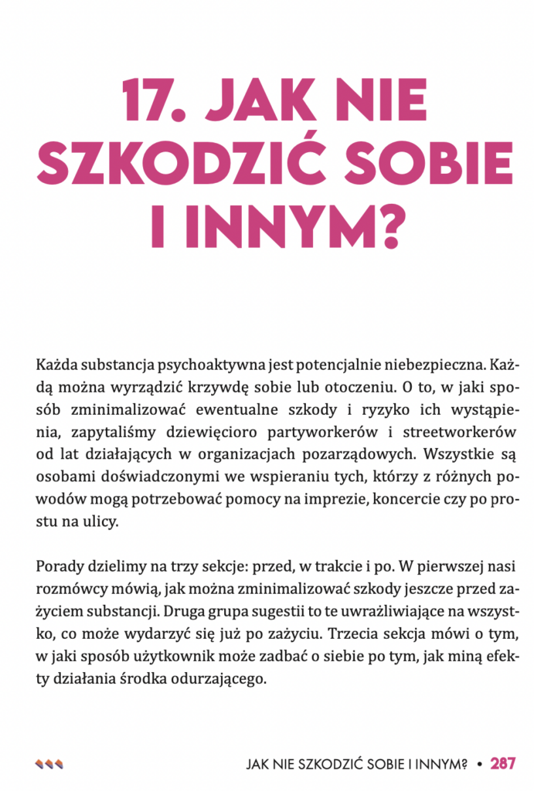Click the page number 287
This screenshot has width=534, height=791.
point(502,764)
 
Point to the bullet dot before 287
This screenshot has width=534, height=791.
point(480,764)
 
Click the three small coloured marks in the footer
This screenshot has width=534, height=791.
point(49,764)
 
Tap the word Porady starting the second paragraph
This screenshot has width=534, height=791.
point(58,567)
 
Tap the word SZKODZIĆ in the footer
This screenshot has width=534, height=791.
point(334,764)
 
